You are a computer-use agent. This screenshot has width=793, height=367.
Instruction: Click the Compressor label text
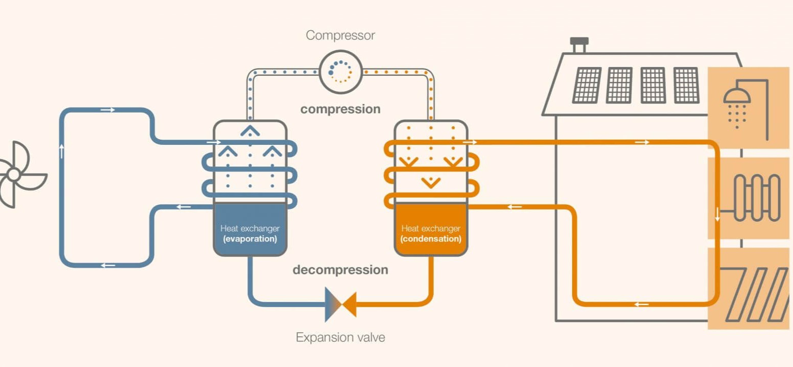[340, 35]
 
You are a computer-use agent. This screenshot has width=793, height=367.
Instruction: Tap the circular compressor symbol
[341, 72]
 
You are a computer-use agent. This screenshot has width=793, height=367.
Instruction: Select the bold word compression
[340, 109]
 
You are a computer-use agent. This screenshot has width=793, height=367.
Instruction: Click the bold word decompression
[340, 270]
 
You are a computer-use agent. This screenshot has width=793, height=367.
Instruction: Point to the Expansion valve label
[340, 337]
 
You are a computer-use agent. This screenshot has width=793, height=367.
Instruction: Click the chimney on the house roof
[579, 45]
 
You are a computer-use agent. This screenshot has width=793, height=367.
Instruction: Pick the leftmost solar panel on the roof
[587, 85]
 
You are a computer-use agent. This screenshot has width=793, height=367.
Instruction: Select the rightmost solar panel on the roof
[686, 85]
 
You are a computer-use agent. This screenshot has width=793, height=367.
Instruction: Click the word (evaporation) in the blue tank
[250, 239]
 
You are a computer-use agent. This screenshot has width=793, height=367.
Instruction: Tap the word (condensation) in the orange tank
[431, 239]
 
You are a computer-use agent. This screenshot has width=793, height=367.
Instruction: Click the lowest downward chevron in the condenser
[431, 182]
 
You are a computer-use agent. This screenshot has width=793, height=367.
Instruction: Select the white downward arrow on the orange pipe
[717, 214]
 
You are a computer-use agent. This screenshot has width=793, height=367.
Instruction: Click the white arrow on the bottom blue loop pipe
[108, 265]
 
